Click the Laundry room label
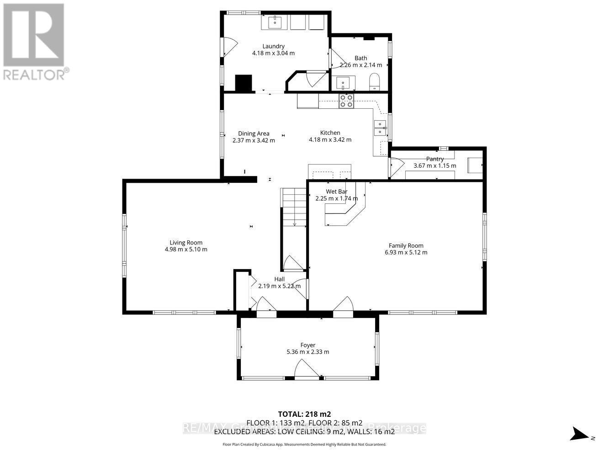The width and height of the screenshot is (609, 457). [273, 46]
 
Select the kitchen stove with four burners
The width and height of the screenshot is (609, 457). [346, 101]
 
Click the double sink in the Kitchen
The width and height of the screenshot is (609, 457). [380, 128]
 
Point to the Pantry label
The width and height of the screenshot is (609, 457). [435, 159]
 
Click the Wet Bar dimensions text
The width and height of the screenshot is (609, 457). [337, 198]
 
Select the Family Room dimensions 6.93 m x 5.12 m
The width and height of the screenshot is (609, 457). [406, 252]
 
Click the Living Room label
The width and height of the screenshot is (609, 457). [186, 243]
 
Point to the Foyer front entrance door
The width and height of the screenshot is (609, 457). [307, 370]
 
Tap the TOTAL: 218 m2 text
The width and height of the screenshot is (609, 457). [304, 414]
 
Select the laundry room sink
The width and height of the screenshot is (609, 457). [275, 21]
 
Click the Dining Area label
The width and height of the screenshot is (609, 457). [254, 133]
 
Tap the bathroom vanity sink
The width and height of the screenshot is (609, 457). [343, 83]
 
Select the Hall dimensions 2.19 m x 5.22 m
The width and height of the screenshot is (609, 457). [280, 286]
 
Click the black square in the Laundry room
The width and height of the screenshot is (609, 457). [244, 83]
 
